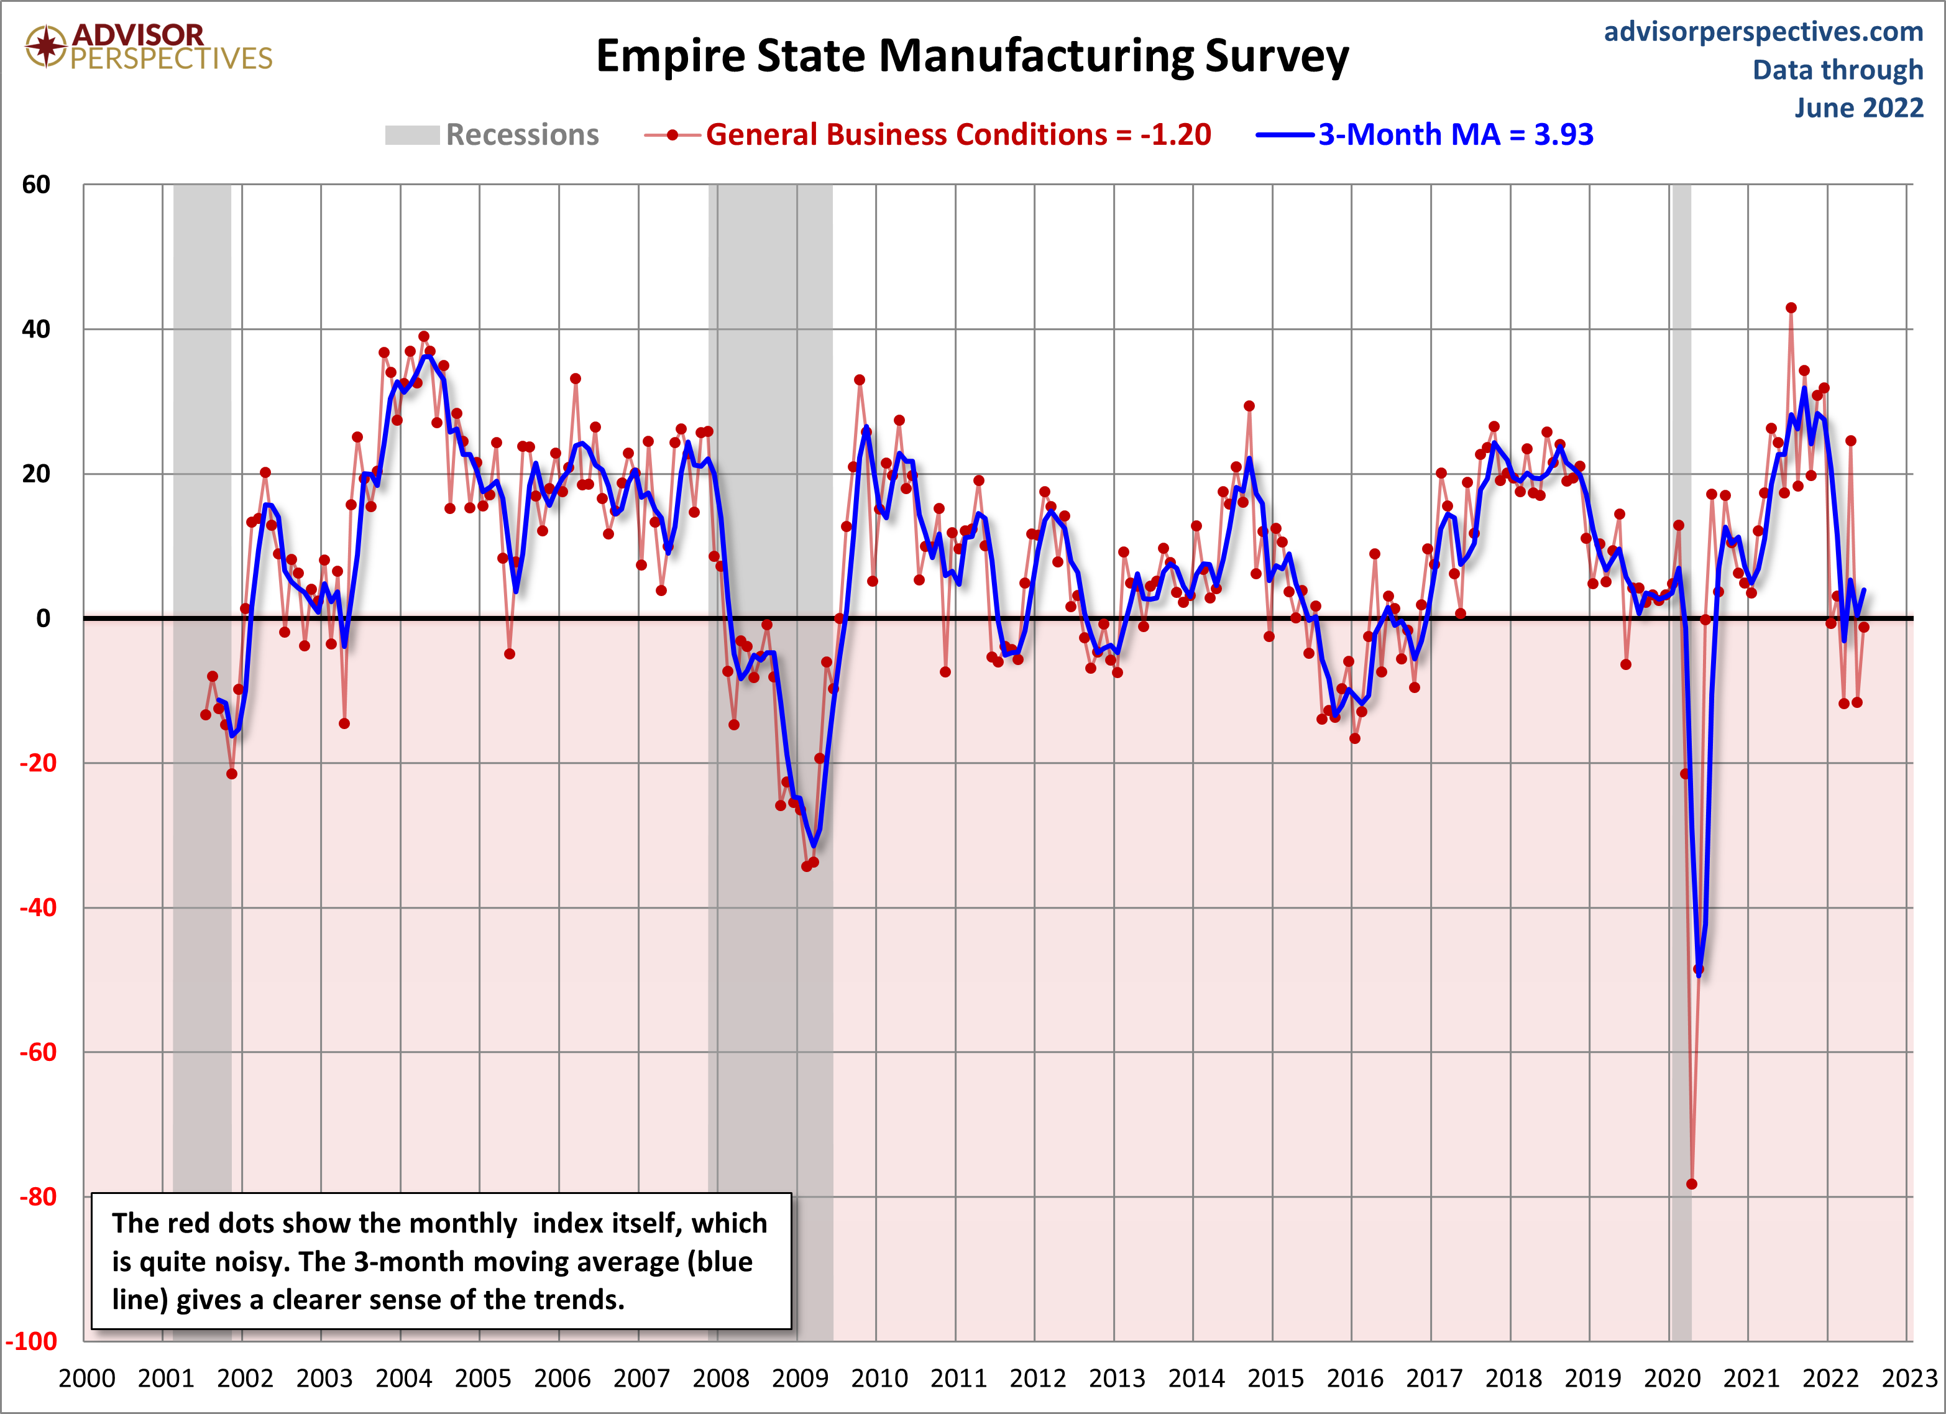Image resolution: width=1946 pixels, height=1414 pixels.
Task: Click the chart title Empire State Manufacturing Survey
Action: (971, 57)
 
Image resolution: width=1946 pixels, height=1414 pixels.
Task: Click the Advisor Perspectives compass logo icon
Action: (45, 47)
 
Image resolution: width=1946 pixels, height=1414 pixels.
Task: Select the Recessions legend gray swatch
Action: (412, 135)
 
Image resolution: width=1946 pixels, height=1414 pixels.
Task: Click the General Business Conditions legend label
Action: (958, 135)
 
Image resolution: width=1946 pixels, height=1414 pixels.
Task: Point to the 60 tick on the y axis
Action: (37, 185)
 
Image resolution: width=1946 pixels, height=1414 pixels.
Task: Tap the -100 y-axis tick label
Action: (32, 1341)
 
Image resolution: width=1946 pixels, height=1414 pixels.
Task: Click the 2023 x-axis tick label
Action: (1909, 1379)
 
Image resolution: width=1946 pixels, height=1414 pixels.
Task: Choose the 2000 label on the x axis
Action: (86, 1379)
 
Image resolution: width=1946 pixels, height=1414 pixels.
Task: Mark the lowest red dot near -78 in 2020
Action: (1691, 1184)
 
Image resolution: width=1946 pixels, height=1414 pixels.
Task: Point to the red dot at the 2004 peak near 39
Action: (424, 336)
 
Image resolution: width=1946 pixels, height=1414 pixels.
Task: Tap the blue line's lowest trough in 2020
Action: (1699, 975)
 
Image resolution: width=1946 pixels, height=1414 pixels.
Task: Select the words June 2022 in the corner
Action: (1858, 108)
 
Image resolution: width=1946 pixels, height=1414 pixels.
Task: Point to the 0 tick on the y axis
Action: (43, 618)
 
